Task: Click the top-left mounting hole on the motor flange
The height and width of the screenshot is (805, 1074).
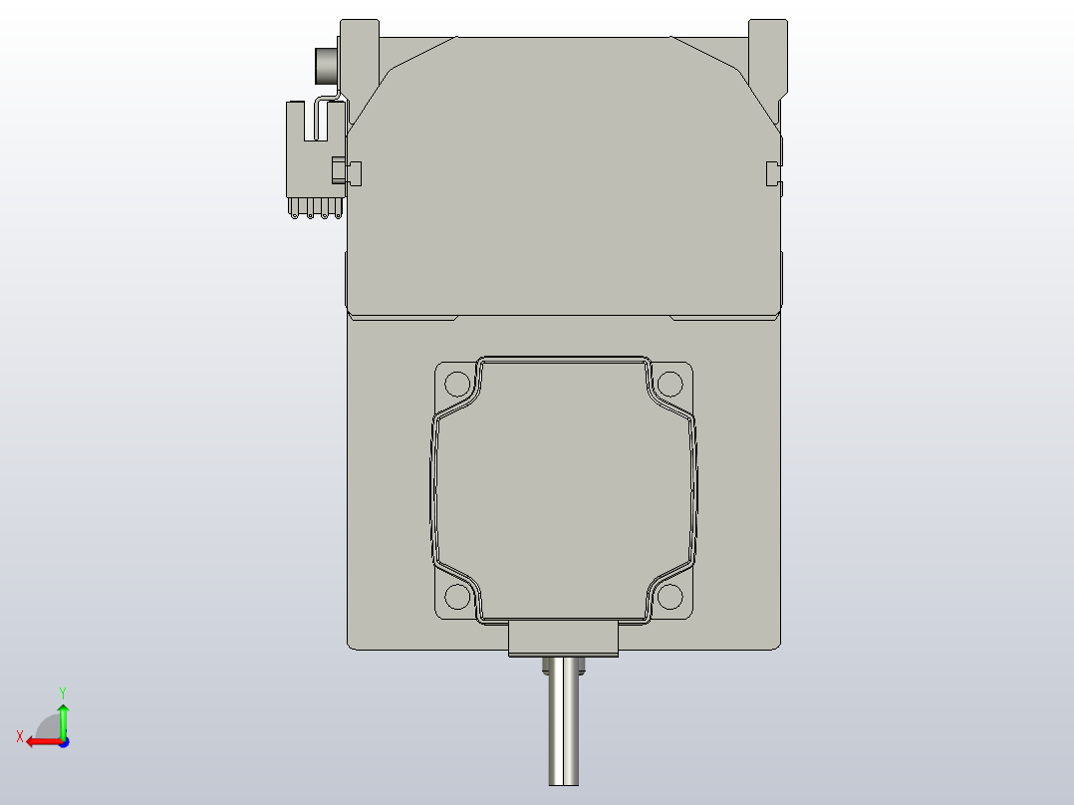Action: pos(456,384)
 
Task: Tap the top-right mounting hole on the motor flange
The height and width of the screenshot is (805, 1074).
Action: pos(671,384)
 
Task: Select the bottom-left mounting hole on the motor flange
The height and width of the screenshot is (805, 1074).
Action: pos(456,596)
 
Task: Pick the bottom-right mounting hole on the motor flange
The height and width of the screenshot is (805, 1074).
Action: pos(671,596)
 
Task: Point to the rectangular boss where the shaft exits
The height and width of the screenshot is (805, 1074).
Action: pos(564,638)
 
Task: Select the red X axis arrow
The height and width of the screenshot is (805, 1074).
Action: pos(42,741)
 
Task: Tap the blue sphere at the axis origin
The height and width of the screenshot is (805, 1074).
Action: pos(63,742)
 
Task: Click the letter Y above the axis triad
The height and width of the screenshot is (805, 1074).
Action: pos(63,691)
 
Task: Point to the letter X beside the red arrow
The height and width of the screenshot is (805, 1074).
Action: pos(19,736)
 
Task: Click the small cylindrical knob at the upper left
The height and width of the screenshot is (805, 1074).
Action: pos(326,66)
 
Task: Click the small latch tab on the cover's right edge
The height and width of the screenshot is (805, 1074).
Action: pos(771,172)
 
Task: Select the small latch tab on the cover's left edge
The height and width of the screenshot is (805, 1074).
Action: pos(354,172)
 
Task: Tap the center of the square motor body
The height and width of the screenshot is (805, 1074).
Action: pos(564,488)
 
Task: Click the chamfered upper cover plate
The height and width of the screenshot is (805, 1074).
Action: pos(564,169)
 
